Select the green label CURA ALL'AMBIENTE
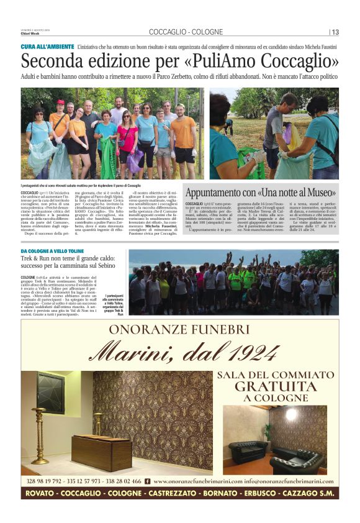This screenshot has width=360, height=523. (48, 47)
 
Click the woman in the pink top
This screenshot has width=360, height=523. (127, 139)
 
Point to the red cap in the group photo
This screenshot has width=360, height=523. (60, 102)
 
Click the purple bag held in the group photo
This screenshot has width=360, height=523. (133, 163)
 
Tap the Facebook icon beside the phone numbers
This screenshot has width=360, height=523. (147, 481)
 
